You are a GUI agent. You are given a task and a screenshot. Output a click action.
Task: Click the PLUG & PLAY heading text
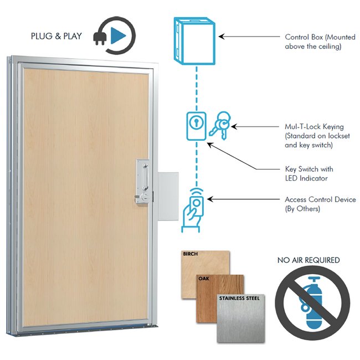point(56,37)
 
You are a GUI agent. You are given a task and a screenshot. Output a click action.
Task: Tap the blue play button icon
point(117,36)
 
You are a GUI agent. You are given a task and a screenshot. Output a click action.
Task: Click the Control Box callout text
point(313,42)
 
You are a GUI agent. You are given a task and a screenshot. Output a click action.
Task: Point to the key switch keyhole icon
point(194,124)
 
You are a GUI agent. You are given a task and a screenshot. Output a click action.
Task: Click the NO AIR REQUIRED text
point(308,260)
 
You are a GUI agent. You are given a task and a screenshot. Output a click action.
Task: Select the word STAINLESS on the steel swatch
point(229,298)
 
